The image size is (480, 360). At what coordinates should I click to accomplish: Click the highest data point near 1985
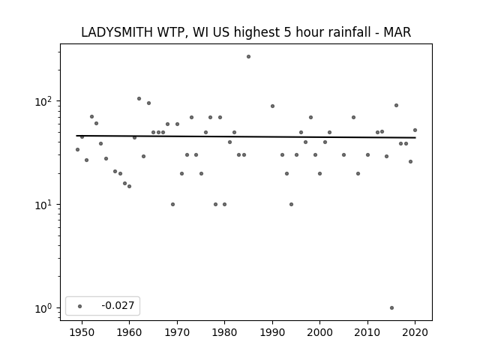point(248,57)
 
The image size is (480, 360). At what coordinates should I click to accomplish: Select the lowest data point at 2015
point(391,308)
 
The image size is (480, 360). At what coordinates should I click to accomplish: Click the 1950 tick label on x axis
point(82,332)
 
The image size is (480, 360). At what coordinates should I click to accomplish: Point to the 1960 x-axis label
point(129,332)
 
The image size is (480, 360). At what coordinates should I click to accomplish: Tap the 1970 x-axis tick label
point(177,332)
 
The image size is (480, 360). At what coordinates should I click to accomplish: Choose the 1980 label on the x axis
point(225,332)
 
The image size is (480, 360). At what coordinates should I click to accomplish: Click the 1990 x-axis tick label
point(272,332)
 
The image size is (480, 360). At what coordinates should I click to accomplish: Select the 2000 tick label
point(320,332)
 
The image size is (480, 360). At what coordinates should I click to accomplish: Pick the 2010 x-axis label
point(367,332)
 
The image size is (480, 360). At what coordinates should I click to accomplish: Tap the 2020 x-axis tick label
point(415,332)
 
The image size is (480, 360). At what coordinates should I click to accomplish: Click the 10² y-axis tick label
point(45,101)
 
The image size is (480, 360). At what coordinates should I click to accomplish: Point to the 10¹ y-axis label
point(45,205)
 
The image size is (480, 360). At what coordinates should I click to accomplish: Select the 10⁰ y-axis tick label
point(45,308)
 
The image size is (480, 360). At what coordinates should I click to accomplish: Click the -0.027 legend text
point(118,305)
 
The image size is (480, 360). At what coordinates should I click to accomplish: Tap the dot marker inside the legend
point(80,306)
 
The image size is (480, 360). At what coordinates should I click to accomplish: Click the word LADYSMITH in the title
point(117,32)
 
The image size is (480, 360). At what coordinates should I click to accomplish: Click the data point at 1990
point(272,106)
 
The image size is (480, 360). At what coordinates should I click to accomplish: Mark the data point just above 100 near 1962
point(139,98)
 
